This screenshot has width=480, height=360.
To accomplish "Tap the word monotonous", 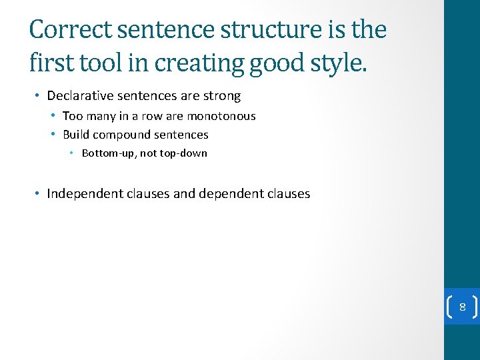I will click(x=221, y=116).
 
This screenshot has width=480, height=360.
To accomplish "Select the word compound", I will click(x=122, y=135).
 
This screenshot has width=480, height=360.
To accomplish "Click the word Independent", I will click(x=85, y=194).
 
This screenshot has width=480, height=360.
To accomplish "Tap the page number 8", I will click(x=462, y=307).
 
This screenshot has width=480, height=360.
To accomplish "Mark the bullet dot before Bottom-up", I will click(x=73, y=153).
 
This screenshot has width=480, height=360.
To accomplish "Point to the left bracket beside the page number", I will click(x=449, y=307).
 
